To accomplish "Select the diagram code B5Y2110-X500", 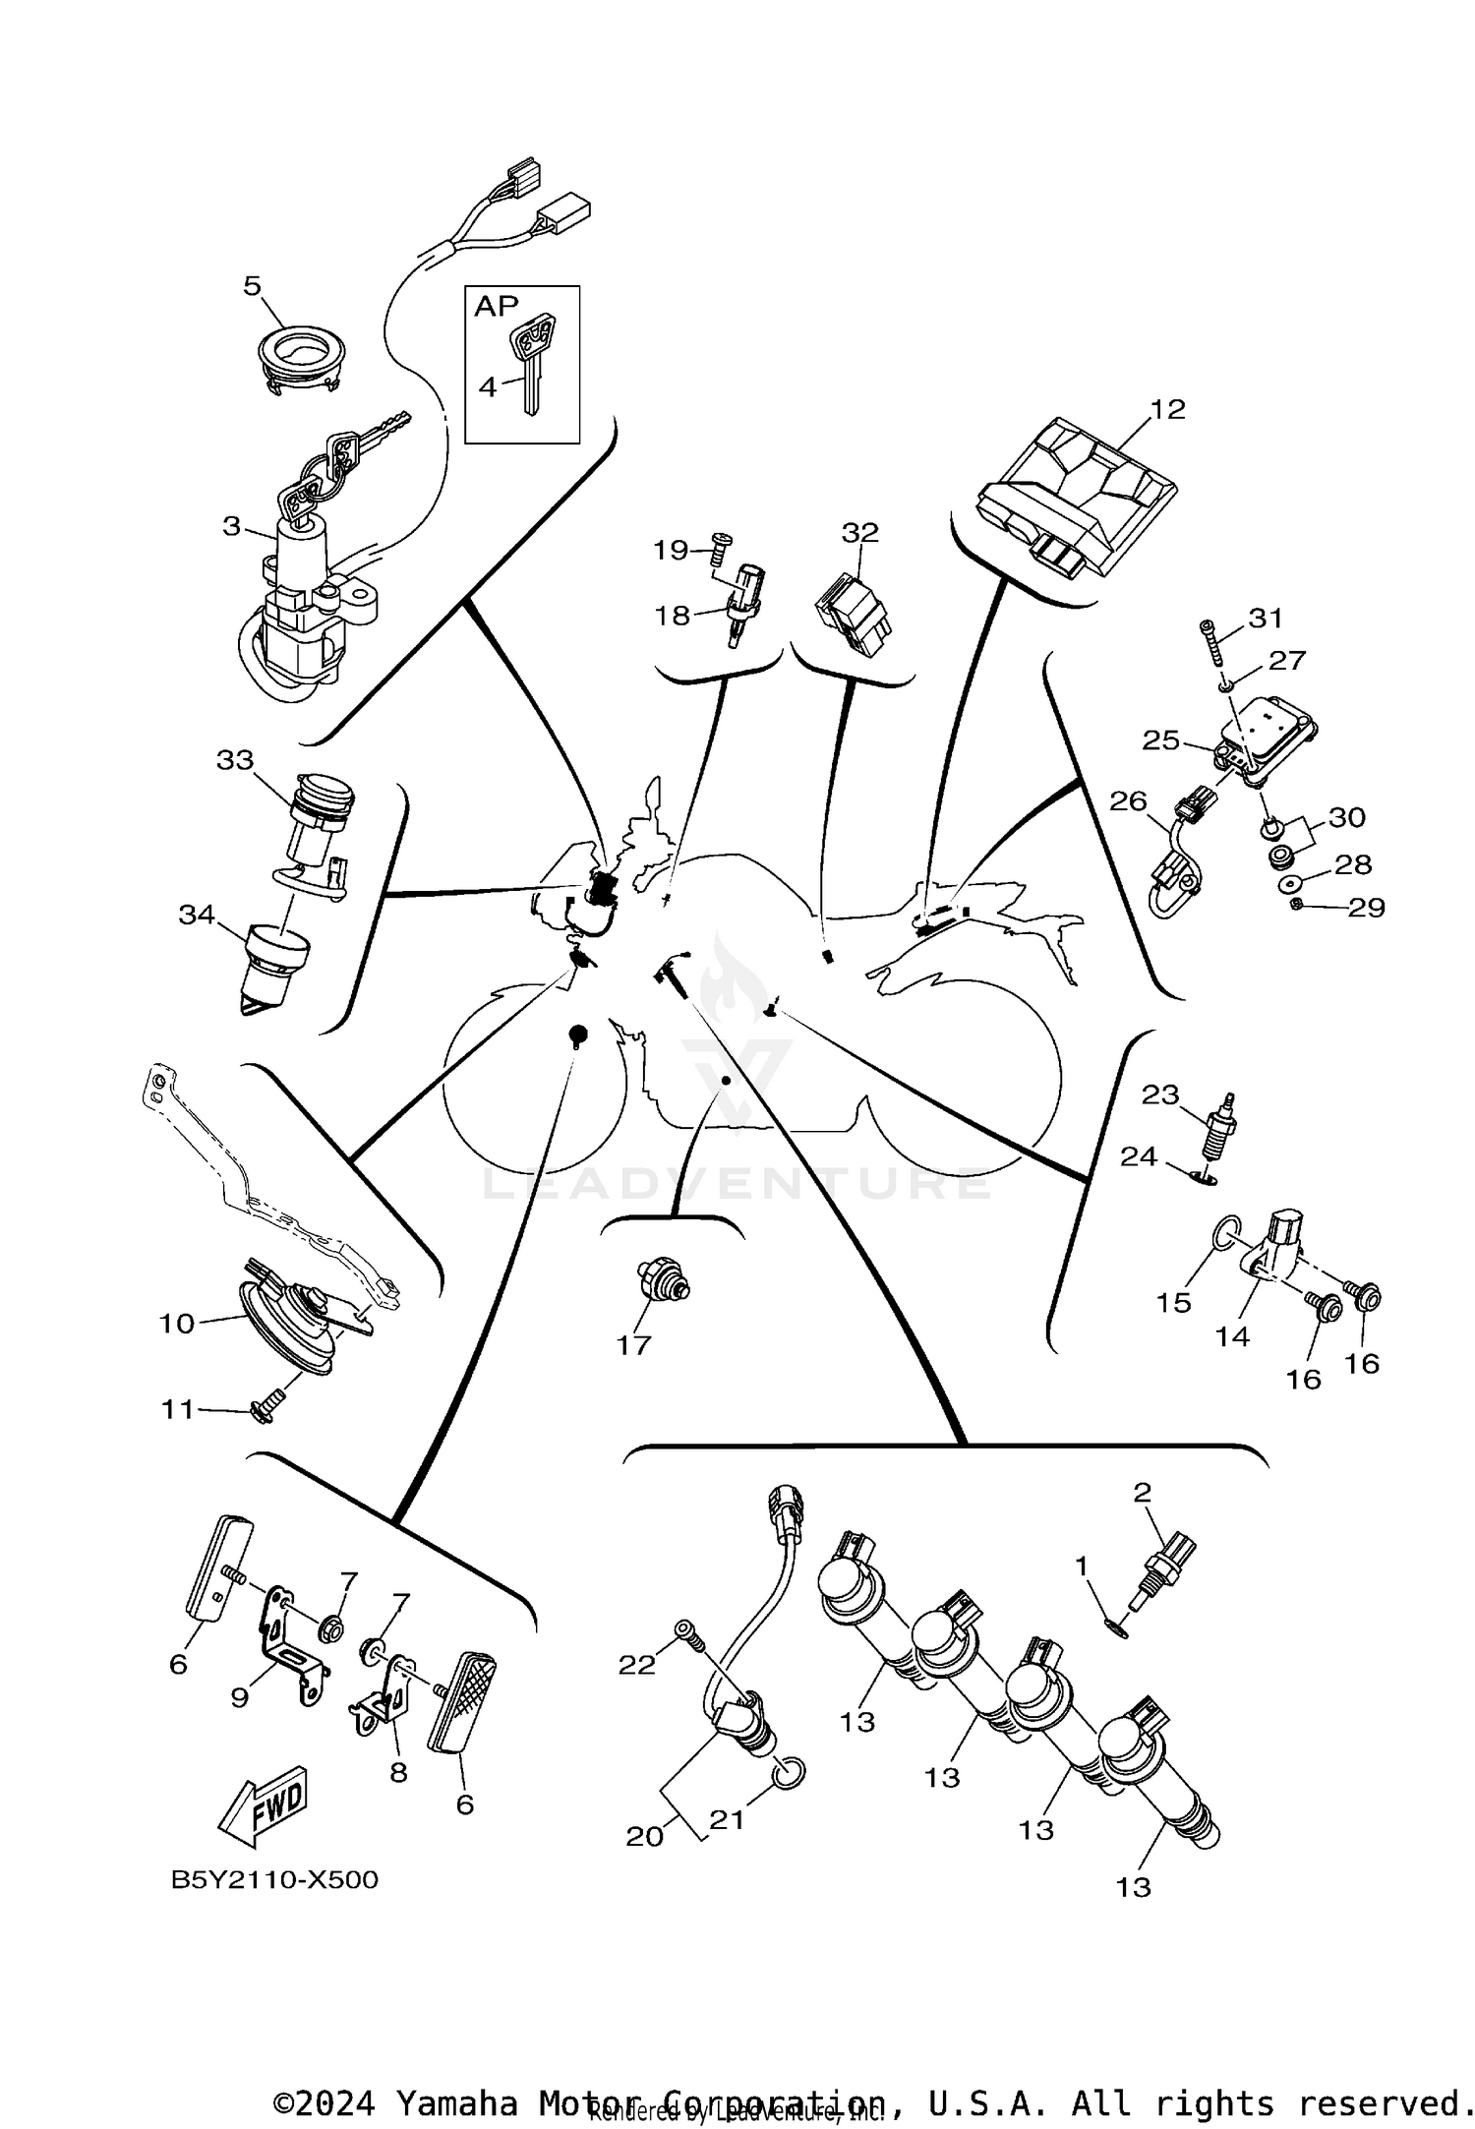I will [274, 1879].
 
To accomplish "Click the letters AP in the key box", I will [496, 306].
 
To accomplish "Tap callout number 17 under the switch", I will [634, 1345].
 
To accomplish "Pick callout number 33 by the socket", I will [235, 760].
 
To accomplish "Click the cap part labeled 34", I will [276, 961].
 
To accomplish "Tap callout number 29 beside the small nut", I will [1366, 907].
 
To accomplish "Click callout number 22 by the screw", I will [636, 1665].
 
